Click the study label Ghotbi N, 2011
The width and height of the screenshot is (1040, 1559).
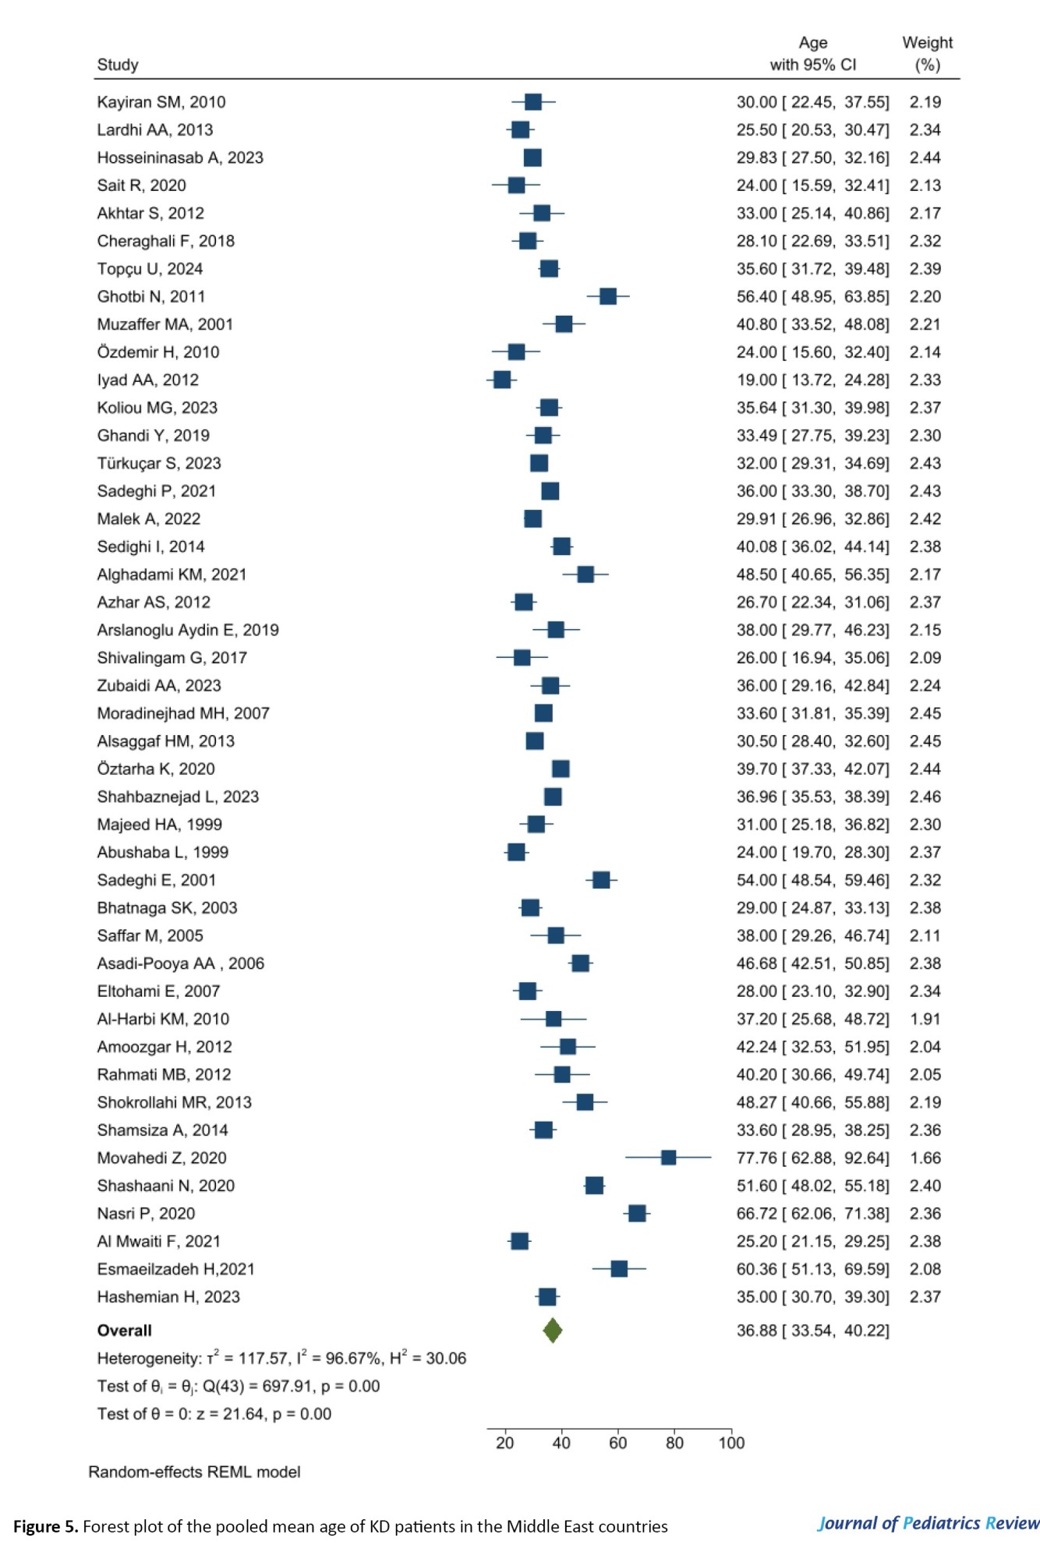[151, 296]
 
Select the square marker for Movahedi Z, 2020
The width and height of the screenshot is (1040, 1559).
[668, 1158]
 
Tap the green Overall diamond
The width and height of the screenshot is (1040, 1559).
[553, 1330]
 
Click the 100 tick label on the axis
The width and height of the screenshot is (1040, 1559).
[731, 1443]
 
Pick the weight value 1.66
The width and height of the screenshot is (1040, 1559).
[925, 1158]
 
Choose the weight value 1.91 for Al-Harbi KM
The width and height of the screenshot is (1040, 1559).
[925, 1019]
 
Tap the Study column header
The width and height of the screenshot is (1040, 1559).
[118, 65]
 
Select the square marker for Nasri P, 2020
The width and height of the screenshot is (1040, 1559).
[637, 1213]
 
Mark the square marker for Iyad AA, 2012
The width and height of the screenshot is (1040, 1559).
[502, 380]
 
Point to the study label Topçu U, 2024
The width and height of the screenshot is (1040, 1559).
[150, 269]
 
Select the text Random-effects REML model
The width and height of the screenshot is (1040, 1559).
[194, 1472]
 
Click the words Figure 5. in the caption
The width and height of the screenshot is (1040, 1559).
[45, 1526]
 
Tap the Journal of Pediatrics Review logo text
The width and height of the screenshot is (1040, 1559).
[928, 1523]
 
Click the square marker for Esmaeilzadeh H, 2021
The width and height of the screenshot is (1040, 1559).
[619, 1269]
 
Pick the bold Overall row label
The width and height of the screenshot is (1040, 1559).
[125, 1331]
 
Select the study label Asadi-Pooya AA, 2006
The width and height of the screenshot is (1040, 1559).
[181, 963]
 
